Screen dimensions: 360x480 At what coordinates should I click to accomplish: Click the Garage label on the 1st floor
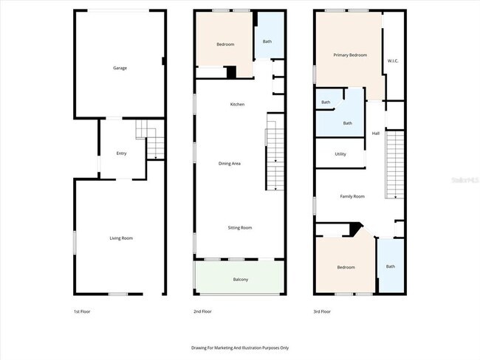pos(120,68)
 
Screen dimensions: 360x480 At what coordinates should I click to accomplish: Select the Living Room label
pos(121,238)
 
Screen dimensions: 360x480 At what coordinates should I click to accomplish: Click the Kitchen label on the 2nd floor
pos(237,104)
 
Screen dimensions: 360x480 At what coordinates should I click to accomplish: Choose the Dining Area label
pos(230,163)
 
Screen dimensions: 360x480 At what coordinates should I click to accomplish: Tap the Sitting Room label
pos(239,227)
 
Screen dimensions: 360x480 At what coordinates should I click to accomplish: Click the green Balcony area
pos(239,279)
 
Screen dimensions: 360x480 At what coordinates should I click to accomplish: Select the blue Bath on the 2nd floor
pos(267,41)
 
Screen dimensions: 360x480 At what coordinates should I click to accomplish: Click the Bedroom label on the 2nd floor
pos(225,44)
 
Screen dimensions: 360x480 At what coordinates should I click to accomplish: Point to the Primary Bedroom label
pos(350,55)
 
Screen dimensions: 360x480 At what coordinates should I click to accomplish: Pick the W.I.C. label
pos(394,61)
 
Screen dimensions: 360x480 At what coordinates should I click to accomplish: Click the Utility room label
pos(340,154)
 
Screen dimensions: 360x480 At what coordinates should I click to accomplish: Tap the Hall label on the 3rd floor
pos(376,133)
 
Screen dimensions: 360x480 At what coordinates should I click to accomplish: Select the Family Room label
pos(352,196)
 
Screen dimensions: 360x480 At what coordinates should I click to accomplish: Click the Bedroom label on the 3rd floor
pos(346,267)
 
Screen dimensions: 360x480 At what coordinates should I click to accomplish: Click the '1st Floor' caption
pos(81,311)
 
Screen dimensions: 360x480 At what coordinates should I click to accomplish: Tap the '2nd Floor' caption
pos(202,311)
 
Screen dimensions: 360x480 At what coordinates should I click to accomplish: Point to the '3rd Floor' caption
pos(322,311)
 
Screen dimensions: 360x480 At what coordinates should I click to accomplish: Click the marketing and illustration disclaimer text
pos(240,347)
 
